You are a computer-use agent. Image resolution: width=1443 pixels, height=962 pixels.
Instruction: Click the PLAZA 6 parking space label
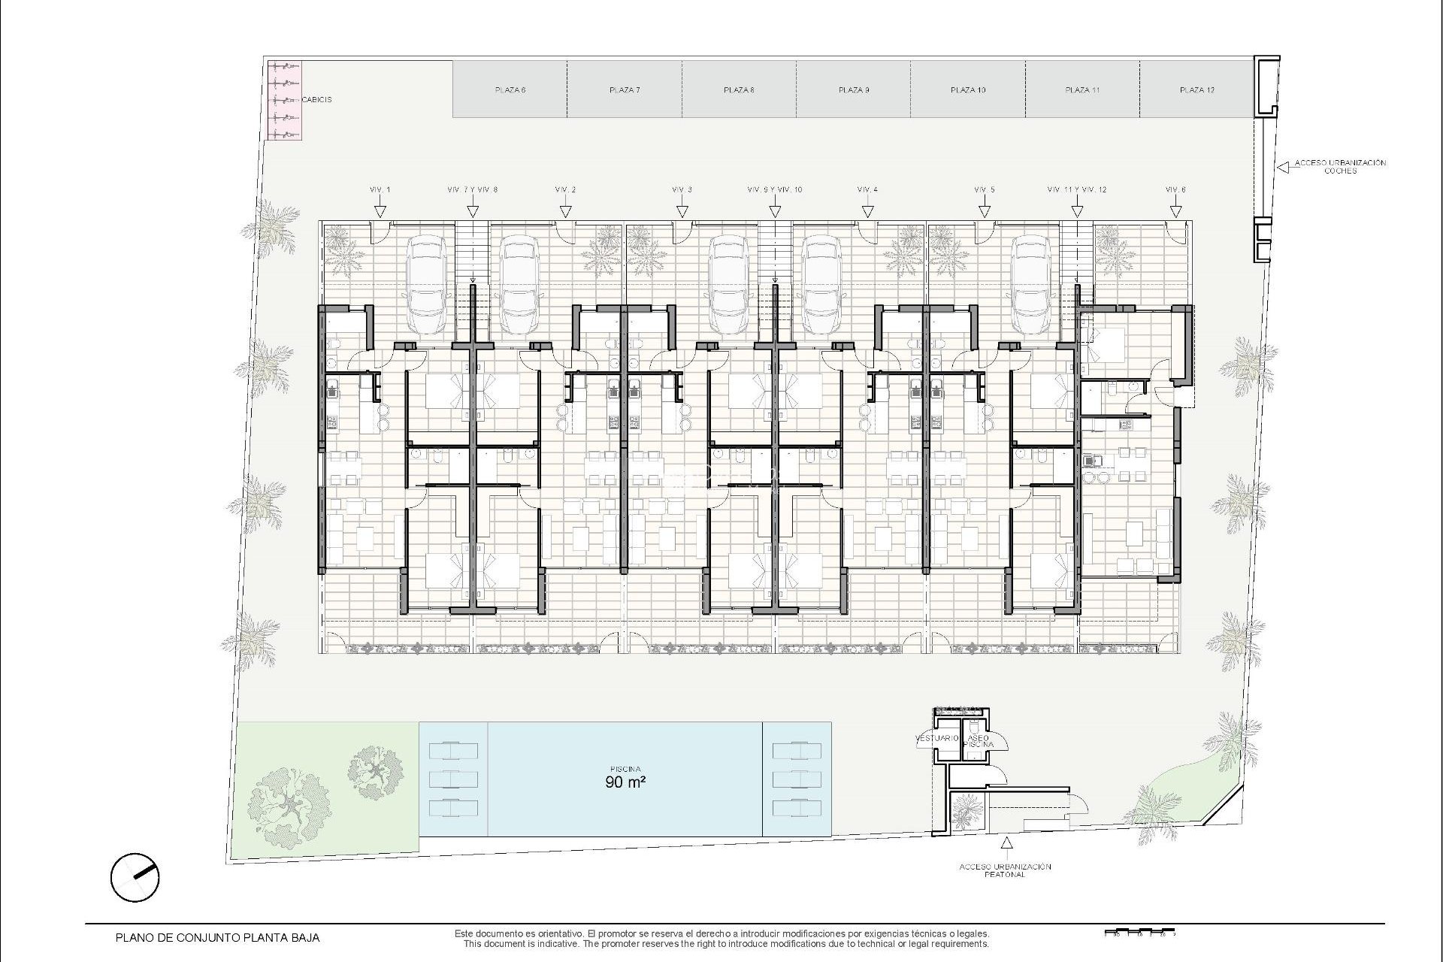click(x=510, y=90)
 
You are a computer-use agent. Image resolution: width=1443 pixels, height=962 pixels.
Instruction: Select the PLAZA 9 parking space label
click(x=854, y=90)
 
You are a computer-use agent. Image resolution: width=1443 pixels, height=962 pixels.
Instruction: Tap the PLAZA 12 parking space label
click(x=1197, y=90)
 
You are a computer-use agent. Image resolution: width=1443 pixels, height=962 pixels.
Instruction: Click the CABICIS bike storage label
click(x=316, y=99)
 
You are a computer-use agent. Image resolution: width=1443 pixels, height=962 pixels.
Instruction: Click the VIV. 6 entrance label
click(x=1175, y=190)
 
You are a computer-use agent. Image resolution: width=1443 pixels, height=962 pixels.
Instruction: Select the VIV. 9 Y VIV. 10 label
click(x=775, y=190)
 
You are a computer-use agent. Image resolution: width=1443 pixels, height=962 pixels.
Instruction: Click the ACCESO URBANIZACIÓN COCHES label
click(x=1340, y=167)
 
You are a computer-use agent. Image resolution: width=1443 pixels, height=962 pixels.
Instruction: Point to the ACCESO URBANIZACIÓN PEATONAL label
click(x=1005, y=870)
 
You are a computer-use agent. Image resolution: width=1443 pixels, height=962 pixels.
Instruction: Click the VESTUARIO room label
click(x=938, y=739)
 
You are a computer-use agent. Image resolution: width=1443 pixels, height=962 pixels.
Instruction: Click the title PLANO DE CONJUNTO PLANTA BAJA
click(x=217, y=937)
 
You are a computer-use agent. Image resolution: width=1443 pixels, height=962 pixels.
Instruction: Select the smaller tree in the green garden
click(x=374, y=772)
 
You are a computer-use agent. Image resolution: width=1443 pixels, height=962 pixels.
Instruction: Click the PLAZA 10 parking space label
click(x=968, y=90)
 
